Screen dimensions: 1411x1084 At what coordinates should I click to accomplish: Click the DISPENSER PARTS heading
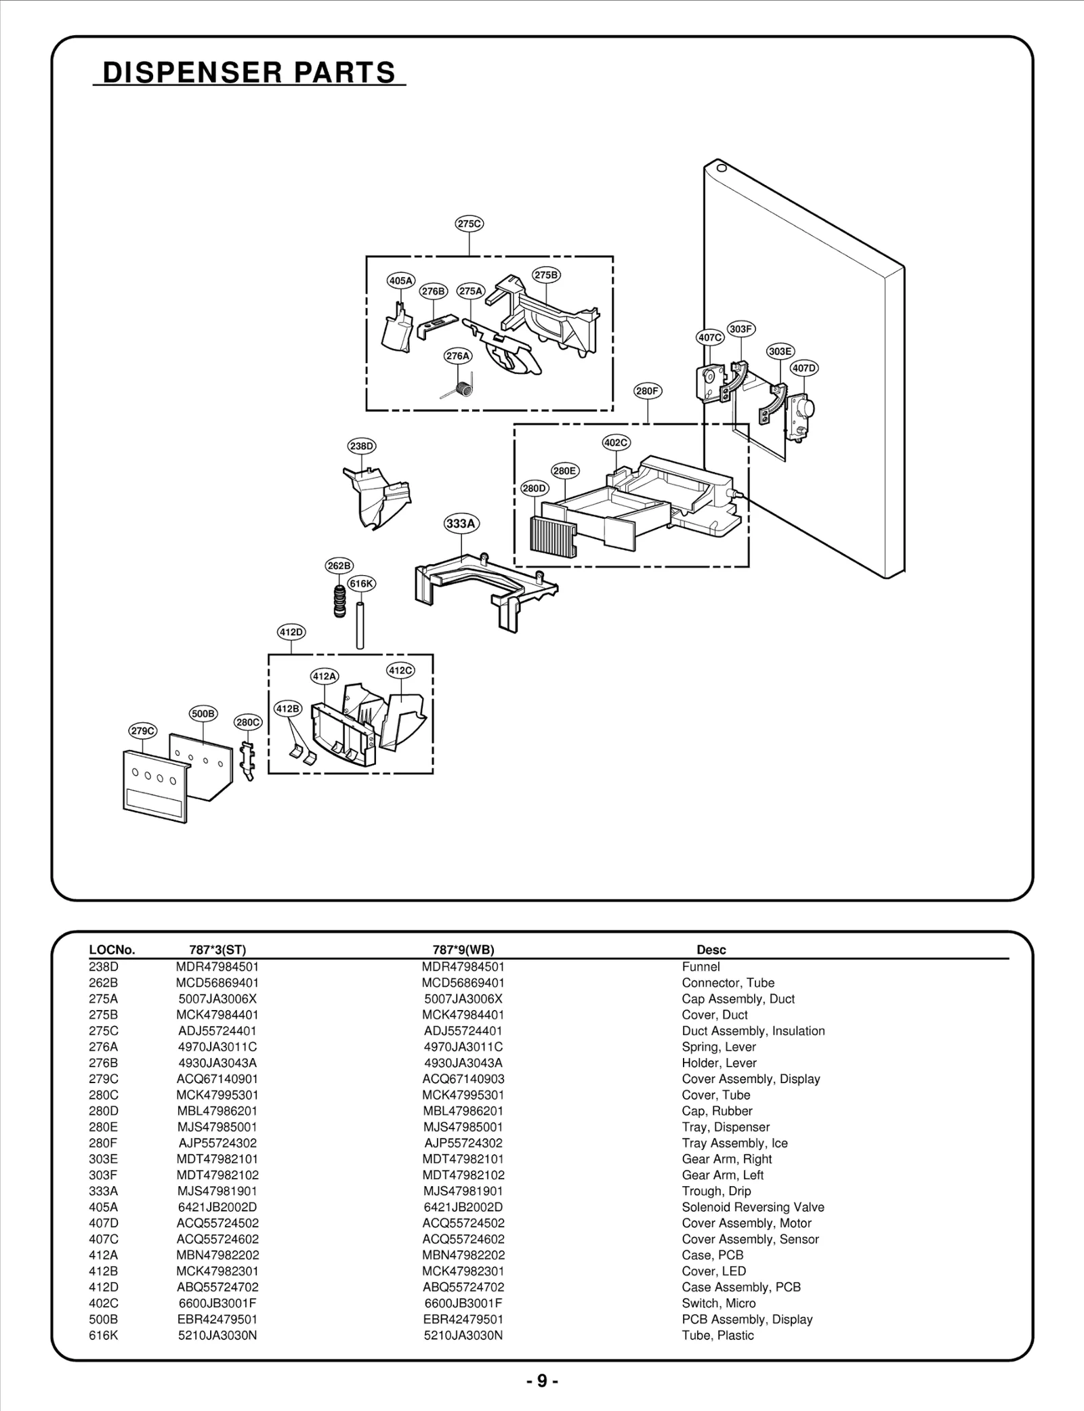[x=249, y=72]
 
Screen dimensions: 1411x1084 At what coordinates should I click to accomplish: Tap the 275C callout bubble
[x=469, y=224]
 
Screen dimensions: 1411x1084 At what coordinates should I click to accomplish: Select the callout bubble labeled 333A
[x=461, y=524]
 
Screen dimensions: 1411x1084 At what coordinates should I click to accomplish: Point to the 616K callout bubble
[x=361, y=583]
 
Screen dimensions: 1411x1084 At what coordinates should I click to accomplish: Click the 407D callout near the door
[x=804, y=368]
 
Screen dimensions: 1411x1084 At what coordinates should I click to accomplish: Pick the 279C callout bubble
[x=142, y=731]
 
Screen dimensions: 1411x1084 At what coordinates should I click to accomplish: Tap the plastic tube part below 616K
[x=360, y=623]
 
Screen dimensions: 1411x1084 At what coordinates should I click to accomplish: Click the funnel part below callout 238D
[x=377, y=494]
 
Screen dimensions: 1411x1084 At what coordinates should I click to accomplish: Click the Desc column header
[x=711, y=950]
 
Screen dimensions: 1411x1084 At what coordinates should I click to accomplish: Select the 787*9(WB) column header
[x=463, y=950]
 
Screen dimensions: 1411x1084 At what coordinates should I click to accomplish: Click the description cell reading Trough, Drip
[x=716, y=1191]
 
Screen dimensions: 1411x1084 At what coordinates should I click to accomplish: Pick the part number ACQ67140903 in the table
[x=463, y=1078]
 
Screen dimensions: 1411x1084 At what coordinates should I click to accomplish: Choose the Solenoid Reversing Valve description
[x=753, y=1206]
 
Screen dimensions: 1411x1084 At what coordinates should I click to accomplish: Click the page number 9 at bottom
[x=542, y=1381]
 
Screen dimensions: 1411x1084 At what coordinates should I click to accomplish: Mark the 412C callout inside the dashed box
[x=400, y=671]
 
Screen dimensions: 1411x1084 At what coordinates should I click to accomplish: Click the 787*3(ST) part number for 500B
[x=217, y=1319]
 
